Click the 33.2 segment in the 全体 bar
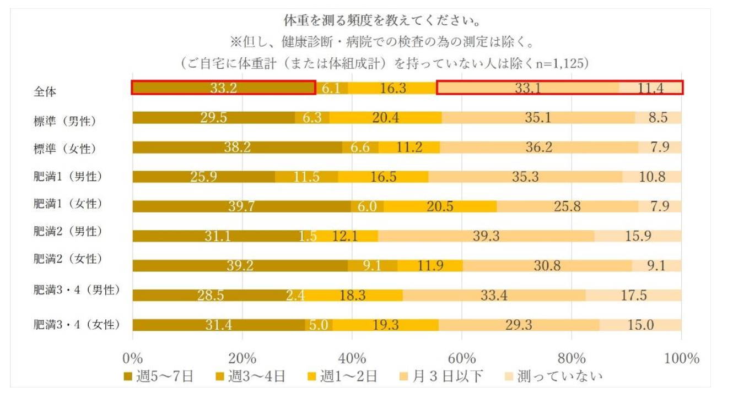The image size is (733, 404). point(223,88)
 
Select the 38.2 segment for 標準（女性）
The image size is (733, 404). point(237,148)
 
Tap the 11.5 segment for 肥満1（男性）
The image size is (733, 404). point(306,177)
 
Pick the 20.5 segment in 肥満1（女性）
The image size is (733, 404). point(440,206)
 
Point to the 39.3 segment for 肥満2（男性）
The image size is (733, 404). point(486,236)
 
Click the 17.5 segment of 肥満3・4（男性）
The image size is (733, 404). point(633,296)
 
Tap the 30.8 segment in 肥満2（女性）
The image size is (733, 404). point(547,266)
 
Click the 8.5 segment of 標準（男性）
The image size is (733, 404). point(658,118)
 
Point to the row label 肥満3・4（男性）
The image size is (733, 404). point(76,290)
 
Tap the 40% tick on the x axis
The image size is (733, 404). point(352,358)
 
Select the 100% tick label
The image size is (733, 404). point(681,358)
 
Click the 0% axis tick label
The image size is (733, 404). point(132,358)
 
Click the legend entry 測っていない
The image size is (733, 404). point(553,376)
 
